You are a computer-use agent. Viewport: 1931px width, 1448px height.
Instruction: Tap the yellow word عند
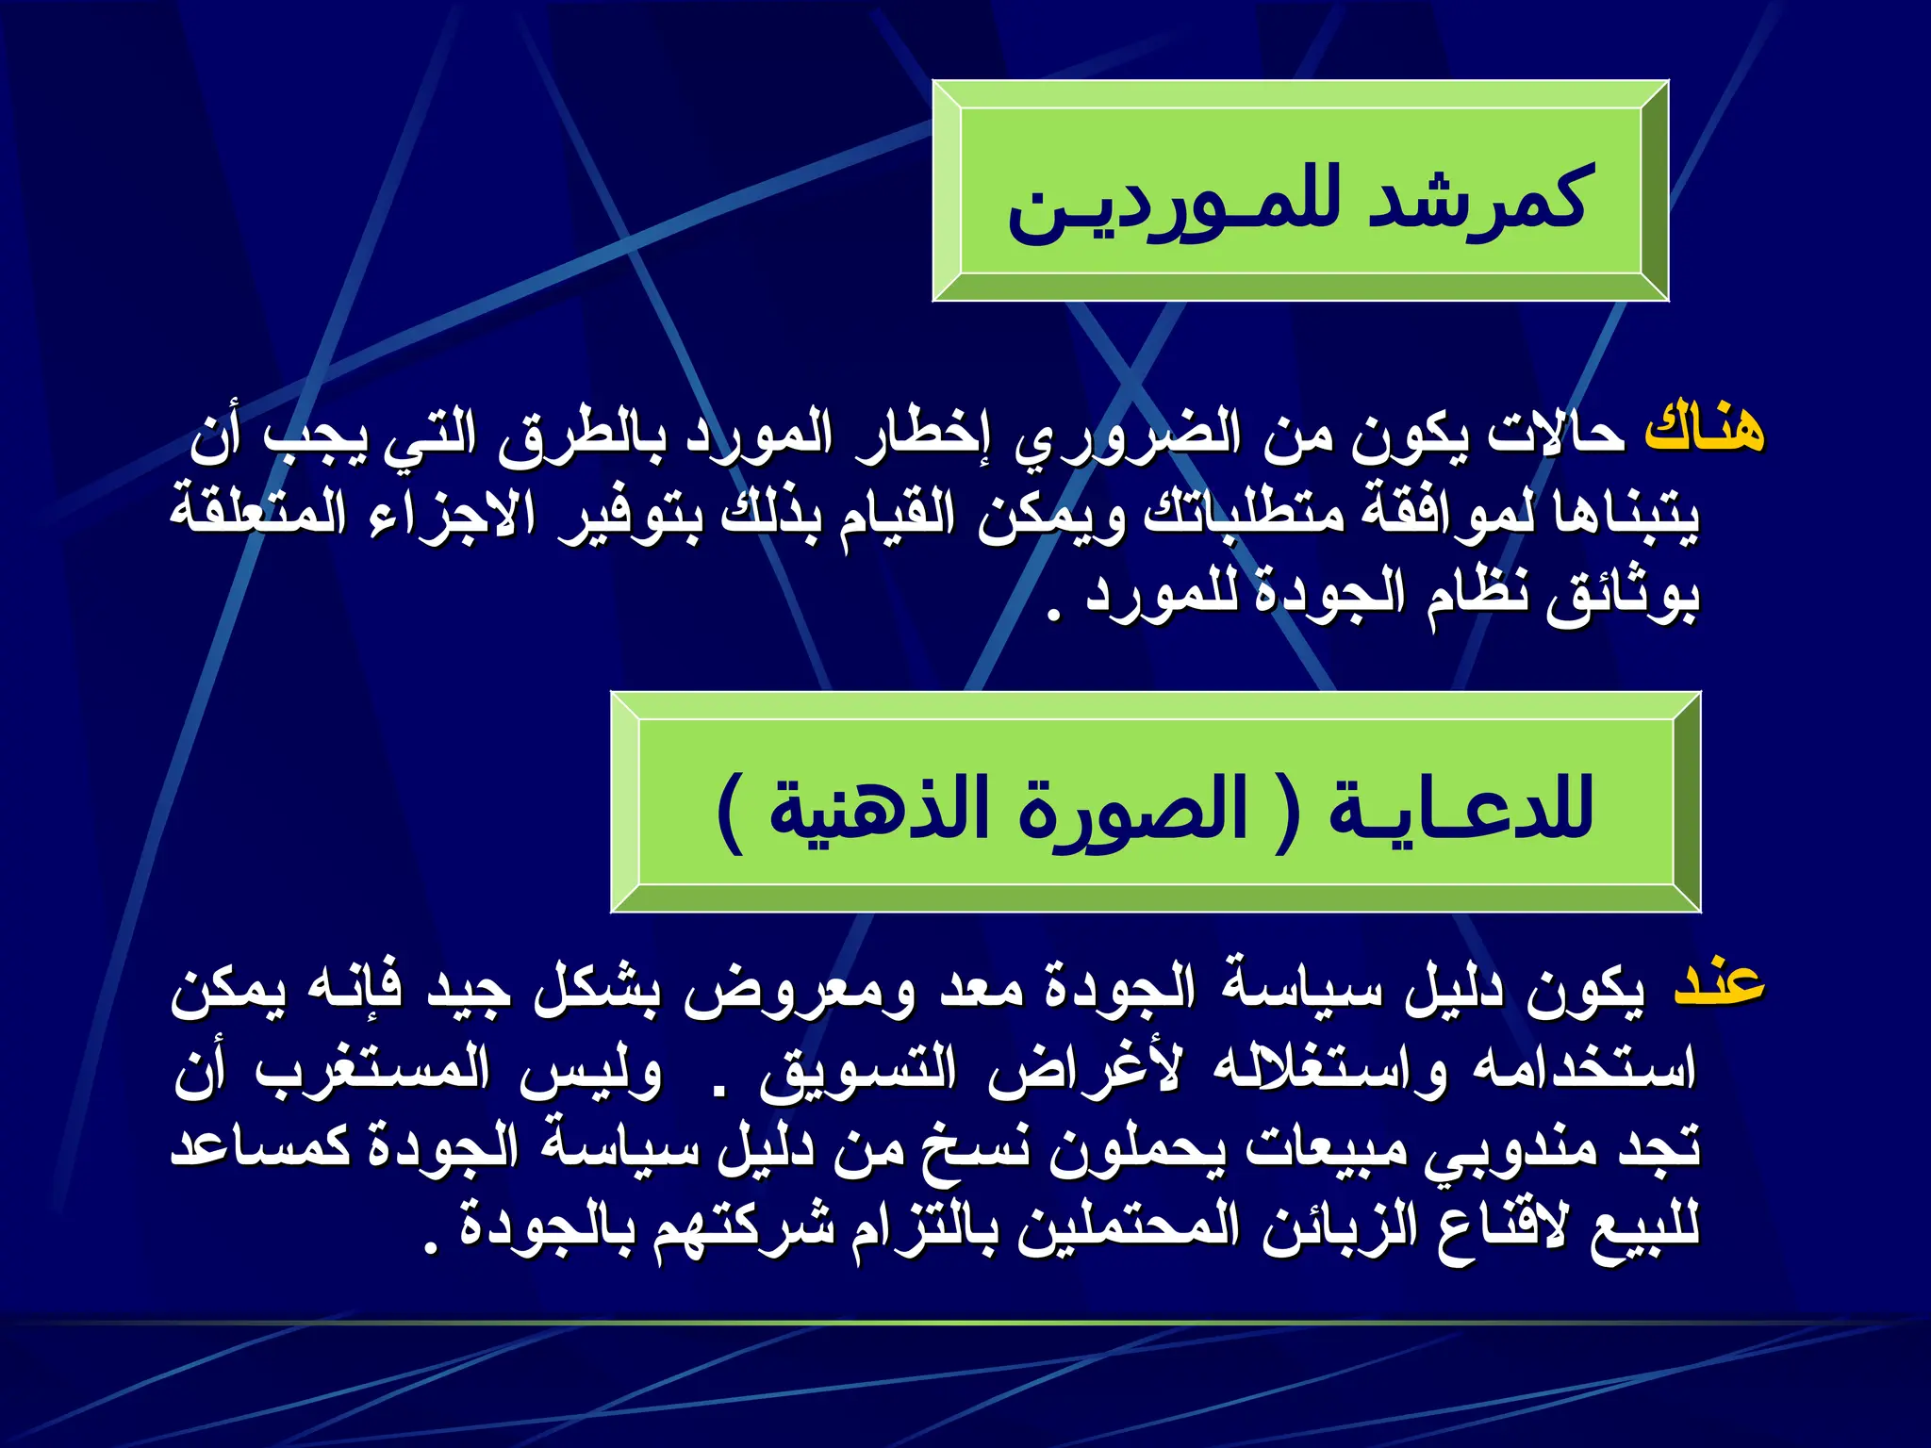click(x=1719, y=985)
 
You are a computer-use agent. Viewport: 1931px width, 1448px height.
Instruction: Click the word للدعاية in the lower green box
click(x=1461, y=809)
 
